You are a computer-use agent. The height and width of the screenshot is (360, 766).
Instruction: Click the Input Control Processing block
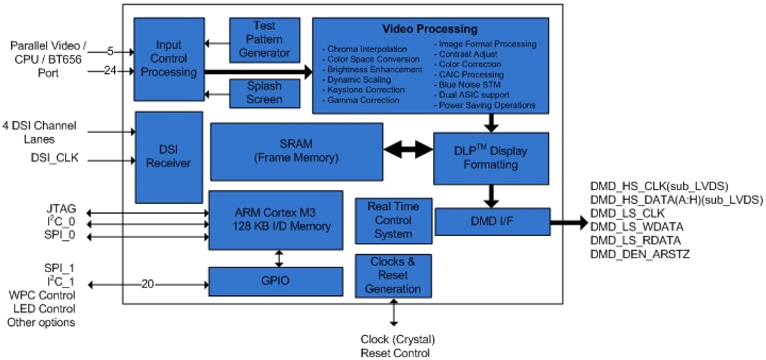pos(169,59)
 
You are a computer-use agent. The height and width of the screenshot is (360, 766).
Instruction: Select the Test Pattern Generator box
pos(265,40)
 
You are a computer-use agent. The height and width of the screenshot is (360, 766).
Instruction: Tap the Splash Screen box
pos(265,93)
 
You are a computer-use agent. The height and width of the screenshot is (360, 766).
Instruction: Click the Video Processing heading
pos(430,29)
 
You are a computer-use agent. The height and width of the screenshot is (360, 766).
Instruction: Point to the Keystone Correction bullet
pos(365,90)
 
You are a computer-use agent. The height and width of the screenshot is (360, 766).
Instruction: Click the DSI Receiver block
pos(169,157)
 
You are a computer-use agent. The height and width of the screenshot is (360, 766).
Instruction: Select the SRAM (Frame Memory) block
pos(296,151)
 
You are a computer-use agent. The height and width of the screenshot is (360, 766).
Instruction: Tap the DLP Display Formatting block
pos(491,158)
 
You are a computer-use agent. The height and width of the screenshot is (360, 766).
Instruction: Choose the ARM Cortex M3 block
pos(276,219)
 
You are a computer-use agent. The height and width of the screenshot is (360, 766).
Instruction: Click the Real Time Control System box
pos(393,220)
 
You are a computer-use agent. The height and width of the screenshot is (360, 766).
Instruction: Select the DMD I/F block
pos(492,221)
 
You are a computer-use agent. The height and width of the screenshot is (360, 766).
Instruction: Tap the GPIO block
pos(276,281)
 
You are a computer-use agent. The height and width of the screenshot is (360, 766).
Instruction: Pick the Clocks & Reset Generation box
pos(393,275)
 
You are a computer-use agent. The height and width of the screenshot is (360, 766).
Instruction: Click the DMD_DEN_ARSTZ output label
pos(639,254)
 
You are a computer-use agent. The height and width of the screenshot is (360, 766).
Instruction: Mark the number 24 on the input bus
pos(110,70)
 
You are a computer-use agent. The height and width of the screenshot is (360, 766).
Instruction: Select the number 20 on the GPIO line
pos(148,283)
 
